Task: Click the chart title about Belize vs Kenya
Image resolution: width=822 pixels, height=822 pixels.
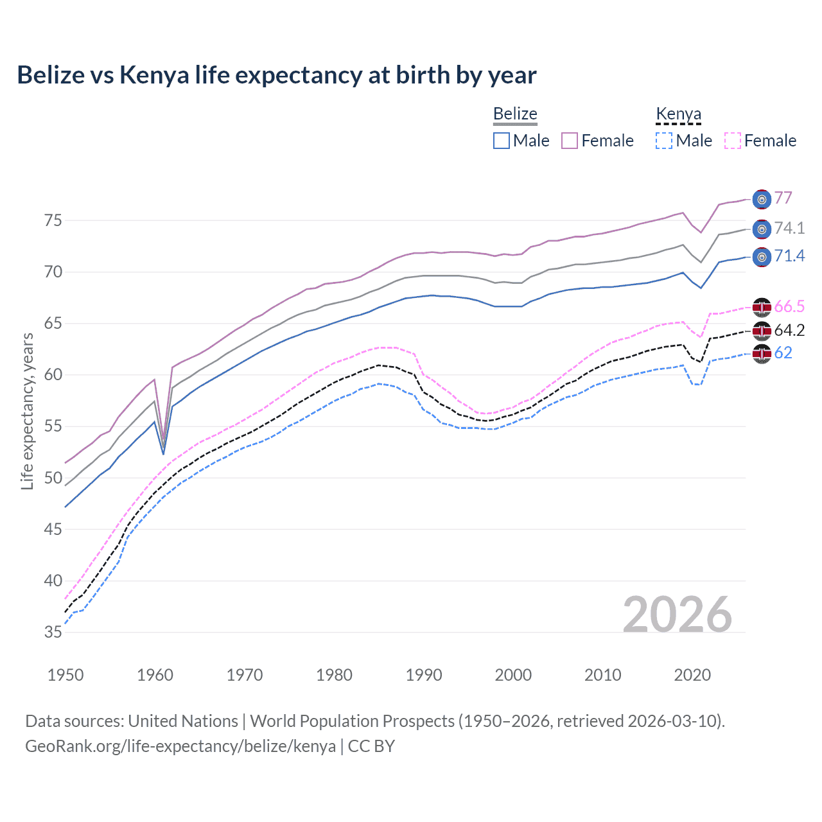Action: pyautogui.click(x=276, y=75)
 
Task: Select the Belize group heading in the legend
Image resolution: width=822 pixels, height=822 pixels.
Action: pyautogui.click(x=515, y=114)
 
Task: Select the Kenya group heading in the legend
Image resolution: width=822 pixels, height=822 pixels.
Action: pyautogui.click(x=678, y=114)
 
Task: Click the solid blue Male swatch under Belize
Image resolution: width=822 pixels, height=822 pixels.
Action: pyautogui.click(x=502, y=141)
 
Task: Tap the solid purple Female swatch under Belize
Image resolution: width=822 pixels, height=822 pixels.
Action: pyautogui.click(x=570, y=141)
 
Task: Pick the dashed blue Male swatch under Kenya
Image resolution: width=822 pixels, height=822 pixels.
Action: pyautogui.click(x=664, y=141)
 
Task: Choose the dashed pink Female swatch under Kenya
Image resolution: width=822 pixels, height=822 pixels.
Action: pyautogui.click(x=732, y=141)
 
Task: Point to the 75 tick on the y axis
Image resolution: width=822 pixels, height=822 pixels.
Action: pyautogui.click(x=53, y=220)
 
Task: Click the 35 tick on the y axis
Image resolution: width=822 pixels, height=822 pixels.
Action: pyautogui.click(x=53, y=633)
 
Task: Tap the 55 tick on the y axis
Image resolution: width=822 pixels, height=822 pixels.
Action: pyautogui.click(x=53, y=426)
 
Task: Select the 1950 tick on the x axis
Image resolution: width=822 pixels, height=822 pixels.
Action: pyautogui.click(x=66, y=675)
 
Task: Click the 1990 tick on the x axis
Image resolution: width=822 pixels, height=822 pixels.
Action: pyautogui.click(x=424, y=675)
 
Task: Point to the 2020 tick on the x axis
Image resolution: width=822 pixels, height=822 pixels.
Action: pyautogui.click(x=692, y=675)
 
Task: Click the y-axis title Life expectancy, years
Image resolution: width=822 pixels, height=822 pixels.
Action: pyautogui.click(x=27, y=411)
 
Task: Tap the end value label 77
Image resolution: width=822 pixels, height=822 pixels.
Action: pyautogui.click(x=783, y=198)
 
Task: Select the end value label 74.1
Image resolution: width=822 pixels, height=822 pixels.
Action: pyautogui.click(x=789, y=228)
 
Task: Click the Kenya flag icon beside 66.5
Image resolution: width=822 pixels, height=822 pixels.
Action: pyautogui.click(x=762, y=307)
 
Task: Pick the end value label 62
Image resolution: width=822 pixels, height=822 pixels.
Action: pyautogui.click(x=783, y=353)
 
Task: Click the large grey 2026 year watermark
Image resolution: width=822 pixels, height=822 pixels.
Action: pyautogui.click(x=677, y=615)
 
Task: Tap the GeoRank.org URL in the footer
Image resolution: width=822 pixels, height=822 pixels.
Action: pyautogui.click(x=180, y=746)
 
